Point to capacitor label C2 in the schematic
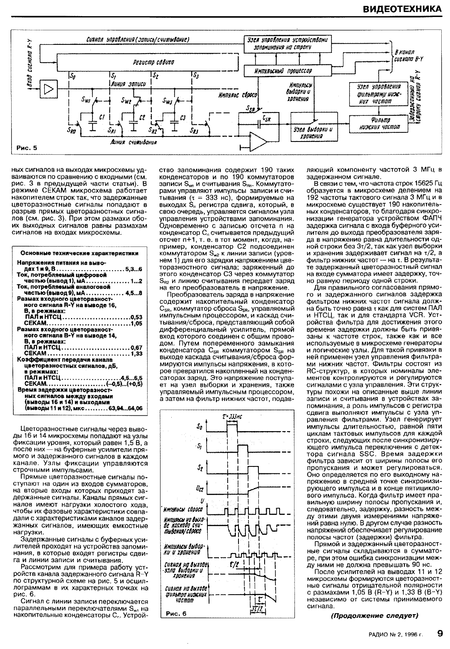(x=142, y=117)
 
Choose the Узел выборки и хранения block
(x=314, y=132)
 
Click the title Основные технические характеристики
(x=80, y=253)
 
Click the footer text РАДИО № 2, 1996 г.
(x=396, y=634)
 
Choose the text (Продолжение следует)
(x=374, y=615)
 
